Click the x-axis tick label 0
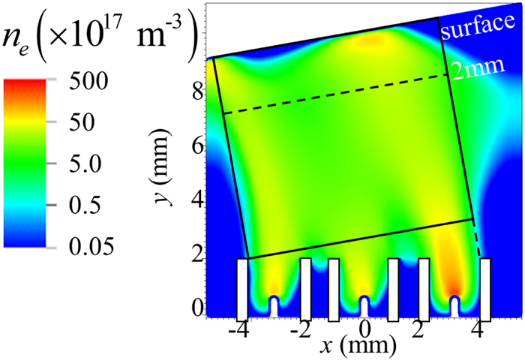tap(364, 329)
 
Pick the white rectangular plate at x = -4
tap(242, 288)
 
